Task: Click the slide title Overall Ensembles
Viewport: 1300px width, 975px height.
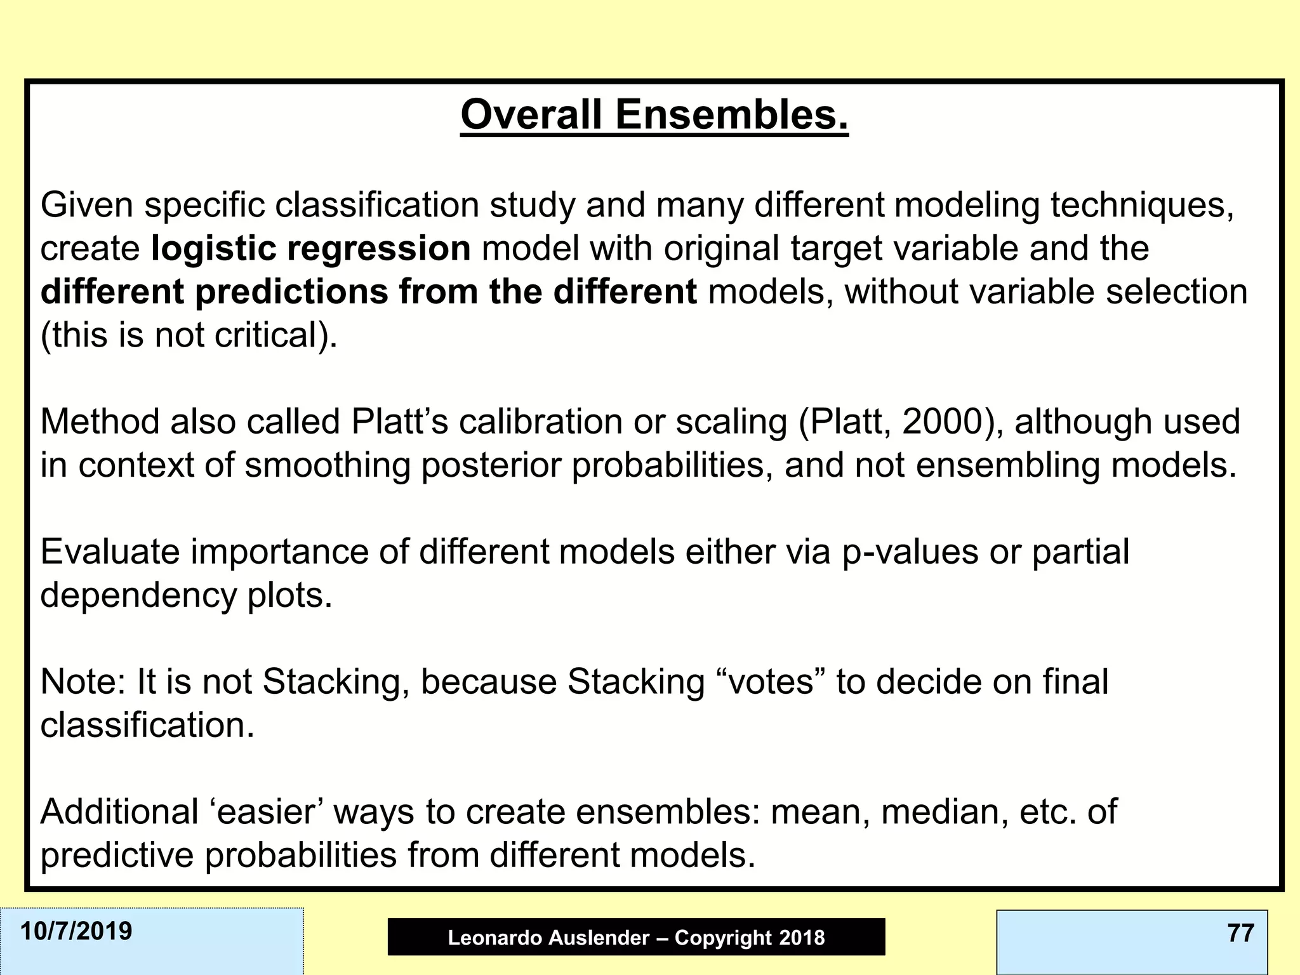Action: pos(654,115)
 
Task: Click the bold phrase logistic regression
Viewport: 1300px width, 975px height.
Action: pos(310,248)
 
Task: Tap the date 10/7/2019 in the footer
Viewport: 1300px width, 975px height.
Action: pos(76,931)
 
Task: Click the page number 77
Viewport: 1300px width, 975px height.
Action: pos(1240,933)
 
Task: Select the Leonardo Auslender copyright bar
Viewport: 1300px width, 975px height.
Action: pos(636,937)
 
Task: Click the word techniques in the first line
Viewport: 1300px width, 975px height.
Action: pos(1141,205)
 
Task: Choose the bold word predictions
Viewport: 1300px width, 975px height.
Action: pos(291,292)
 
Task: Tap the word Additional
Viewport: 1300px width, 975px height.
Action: pos(119,812)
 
